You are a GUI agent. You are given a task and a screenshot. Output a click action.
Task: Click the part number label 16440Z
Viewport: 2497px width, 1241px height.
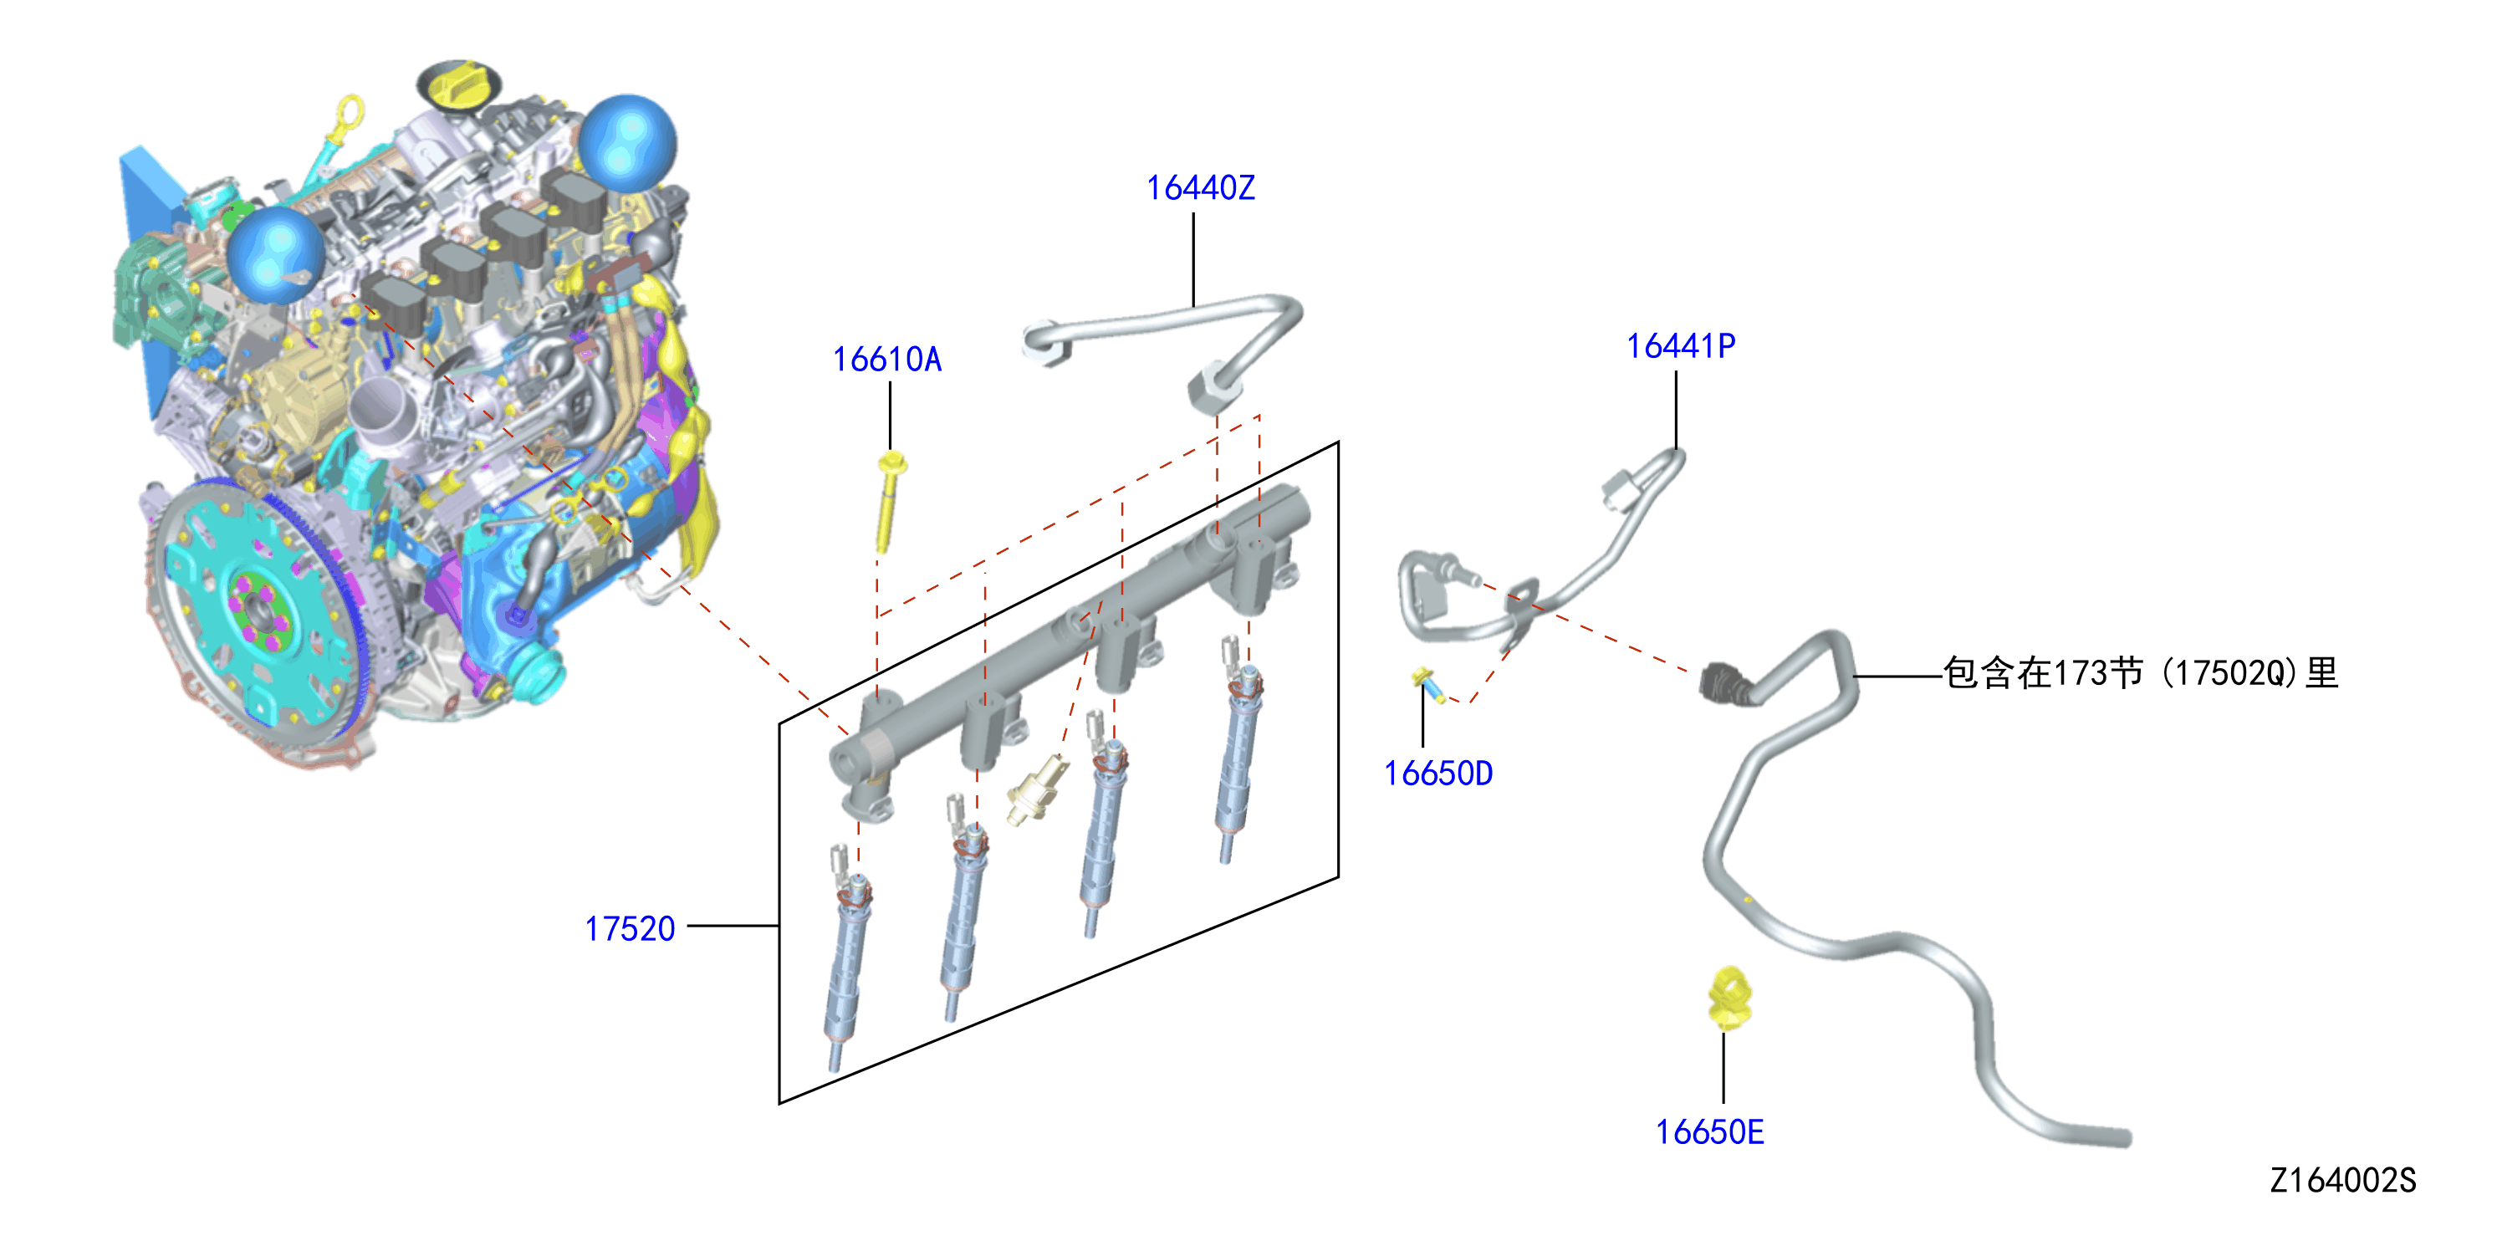(1200, 188)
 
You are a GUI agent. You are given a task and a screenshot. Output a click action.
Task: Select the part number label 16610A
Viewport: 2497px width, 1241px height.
(887, 360)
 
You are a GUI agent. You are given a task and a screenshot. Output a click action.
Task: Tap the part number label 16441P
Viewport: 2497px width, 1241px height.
(1680, 346)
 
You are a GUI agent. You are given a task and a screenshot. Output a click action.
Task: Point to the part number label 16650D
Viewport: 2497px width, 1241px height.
(1437, 774)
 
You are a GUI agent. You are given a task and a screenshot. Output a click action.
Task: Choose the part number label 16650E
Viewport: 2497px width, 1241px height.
(1709, 1132)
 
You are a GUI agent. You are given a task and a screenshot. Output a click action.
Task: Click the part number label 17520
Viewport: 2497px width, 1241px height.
(629, 929)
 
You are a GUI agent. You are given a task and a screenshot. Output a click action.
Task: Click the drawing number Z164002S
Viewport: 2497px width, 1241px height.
(2343, 1180)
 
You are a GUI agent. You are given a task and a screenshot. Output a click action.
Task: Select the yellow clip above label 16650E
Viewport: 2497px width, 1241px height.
(1728, 998)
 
